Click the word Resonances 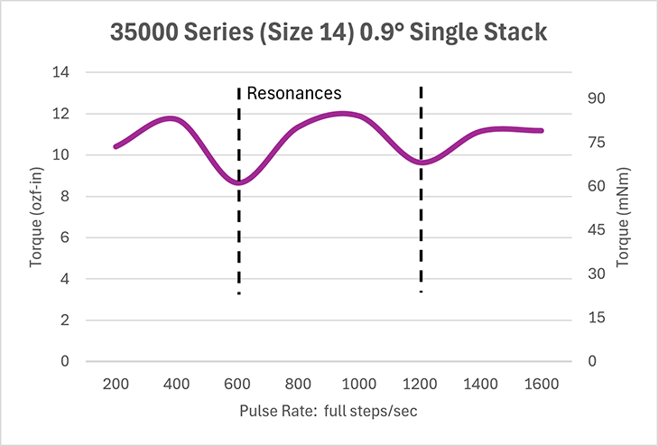(x=294, y=92)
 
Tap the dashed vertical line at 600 (x=238, y=235)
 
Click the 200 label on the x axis (x=116, y=384)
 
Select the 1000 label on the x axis (x=359, y=384)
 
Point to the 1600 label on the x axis (x=542, y=384)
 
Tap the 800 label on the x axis (x=299, y=384)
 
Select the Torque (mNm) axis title (x=623, y=217)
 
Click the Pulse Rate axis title (x=329, y=412)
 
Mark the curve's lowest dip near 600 (x=238, y=182)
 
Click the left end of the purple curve (x=116, y=146)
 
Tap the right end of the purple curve (x=542, y=131)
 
